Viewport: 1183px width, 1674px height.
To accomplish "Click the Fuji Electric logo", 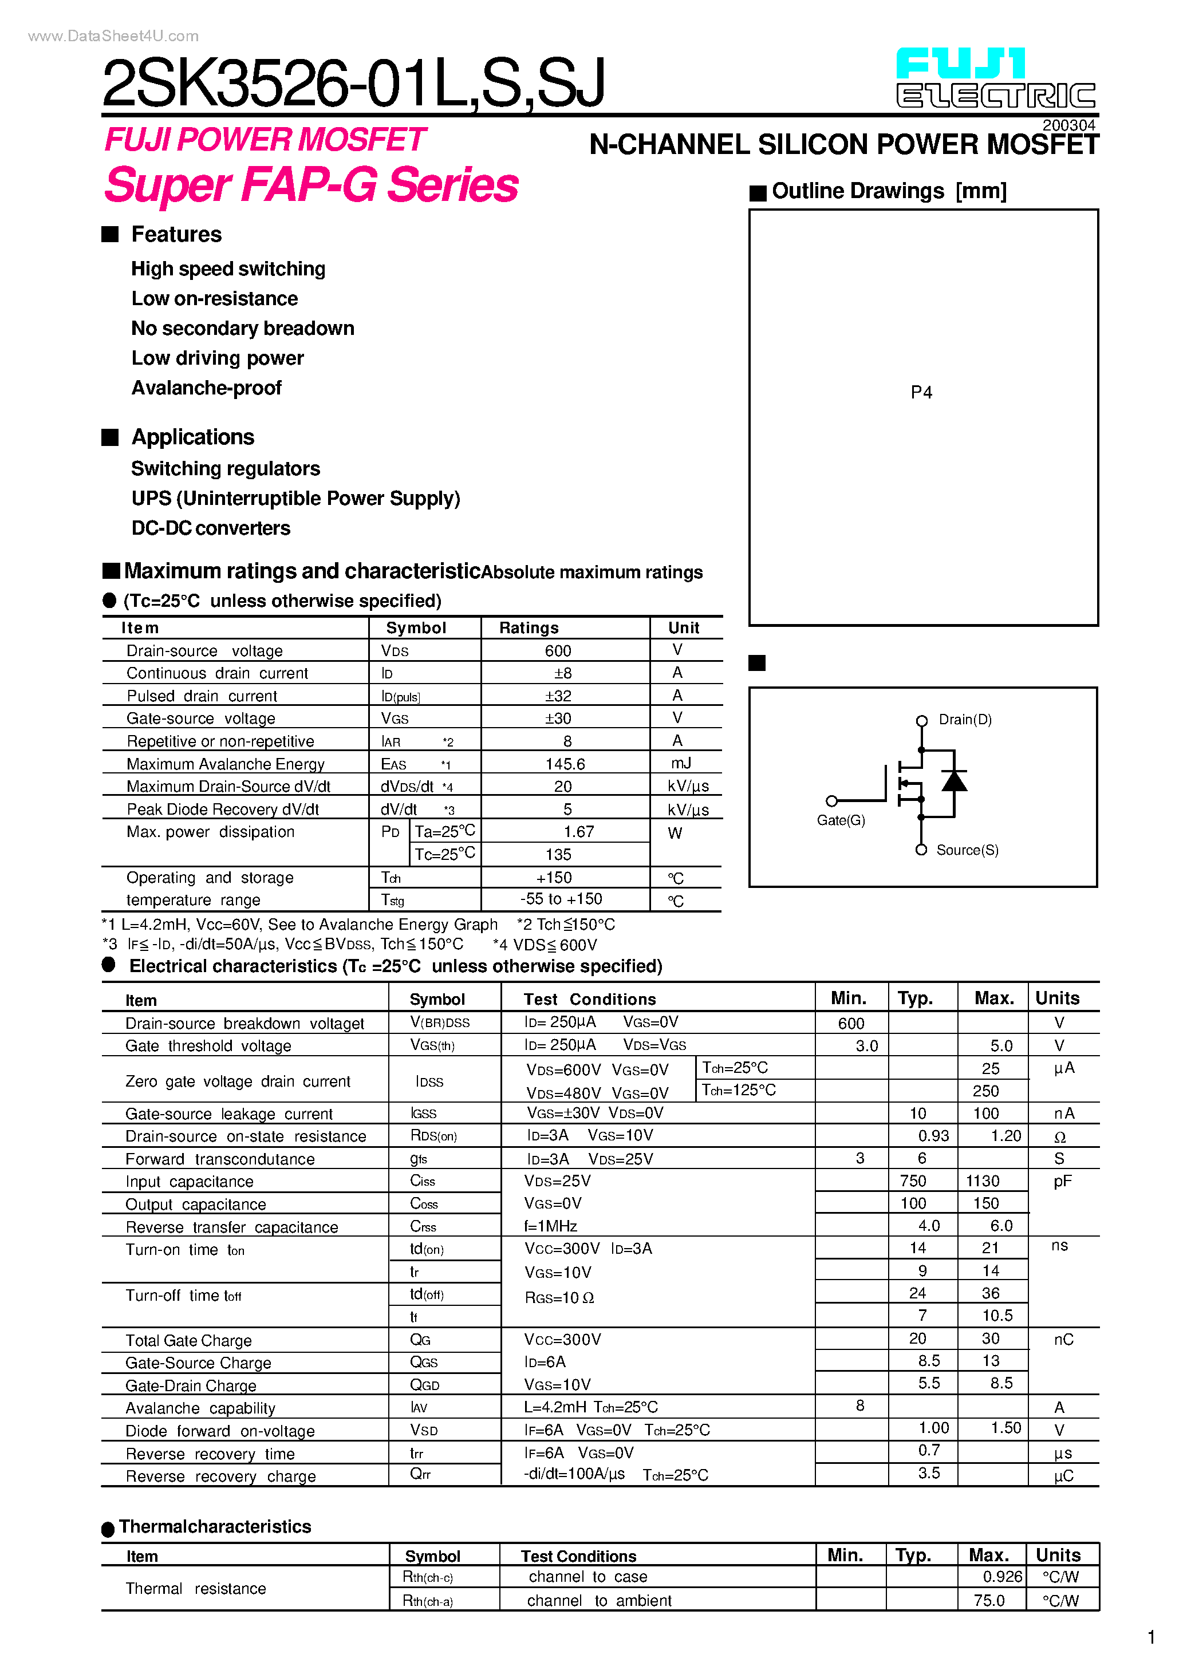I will point(996,79).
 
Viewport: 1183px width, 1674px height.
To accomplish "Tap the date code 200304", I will point(1068,125).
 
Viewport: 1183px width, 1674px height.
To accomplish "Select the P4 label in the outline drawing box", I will point(921,393).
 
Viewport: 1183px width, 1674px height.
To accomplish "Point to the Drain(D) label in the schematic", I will point(964,720).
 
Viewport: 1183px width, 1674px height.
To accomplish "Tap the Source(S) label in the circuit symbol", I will point(967,850).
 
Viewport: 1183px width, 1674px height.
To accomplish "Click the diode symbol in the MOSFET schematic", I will point(954,781).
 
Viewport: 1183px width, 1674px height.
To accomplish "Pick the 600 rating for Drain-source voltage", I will point(558,650).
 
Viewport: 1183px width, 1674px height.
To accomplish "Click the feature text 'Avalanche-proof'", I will point(206,388).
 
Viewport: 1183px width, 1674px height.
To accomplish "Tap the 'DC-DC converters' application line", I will point(211,528).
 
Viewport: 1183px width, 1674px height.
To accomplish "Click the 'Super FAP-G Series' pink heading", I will point(311,185).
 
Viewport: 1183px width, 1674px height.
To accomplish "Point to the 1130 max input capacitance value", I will point(983,1181).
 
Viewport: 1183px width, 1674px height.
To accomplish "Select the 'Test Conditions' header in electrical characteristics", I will point(589,999).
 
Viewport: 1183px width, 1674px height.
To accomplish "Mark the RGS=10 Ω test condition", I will point(559,1298).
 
